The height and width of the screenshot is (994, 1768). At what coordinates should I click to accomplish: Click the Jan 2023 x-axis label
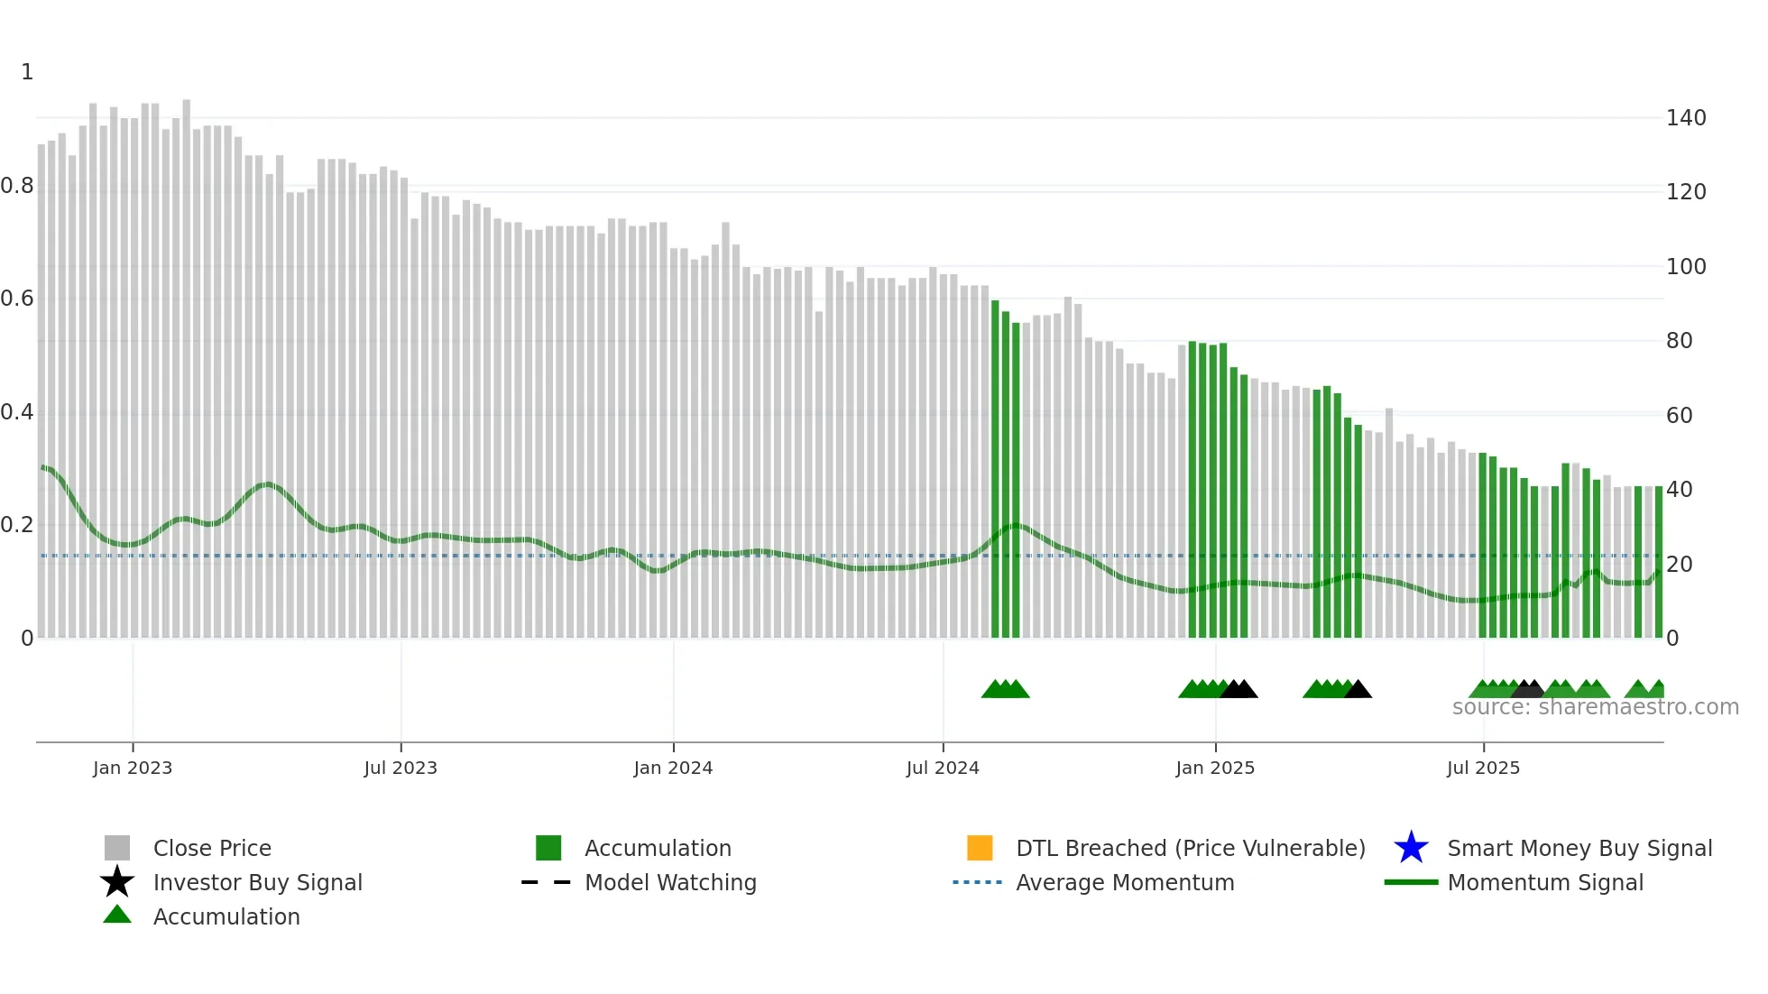click(x=132, y=768)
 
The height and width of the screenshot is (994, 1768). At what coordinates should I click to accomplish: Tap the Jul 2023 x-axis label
click(x=401, y=768)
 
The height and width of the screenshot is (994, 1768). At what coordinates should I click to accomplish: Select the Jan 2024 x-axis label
click(x=673, y=768)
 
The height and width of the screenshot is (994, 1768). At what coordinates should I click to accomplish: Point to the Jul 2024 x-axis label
click(x=943, y=768)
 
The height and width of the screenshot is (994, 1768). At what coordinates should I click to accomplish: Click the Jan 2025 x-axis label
click(x=1215, y=768)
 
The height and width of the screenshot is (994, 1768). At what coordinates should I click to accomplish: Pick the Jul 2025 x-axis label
click(x=1483, y=768)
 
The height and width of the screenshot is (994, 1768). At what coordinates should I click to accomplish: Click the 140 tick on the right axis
click(x=1686, y=118)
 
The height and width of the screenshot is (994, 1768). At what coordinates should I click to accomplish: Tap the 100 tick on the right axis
click(x=1686, y=267)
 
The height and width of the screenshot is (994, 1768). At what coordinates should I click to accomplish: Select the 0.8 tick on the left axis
click(x=17, y=186)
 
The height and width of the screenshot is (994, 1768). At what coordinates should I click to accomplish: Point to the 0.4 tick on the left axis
click(x=17, y=412)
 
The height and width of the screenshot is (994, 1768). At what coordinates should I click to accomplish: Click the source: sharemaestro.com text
click(x=1595, y=707)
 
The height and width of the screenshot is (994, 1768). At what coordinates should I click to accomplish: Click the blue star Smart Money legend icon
click(x=1411, y=848)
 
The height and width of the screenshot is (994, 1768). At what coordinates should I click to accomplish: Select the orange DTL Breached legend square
click(x=980, y=848)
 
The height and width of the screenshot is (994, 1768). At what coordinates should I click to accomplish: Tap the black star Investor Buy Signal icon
click(x=117, y=882)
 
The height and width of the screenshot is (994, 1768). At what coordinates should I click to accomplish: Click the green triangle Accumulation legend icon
click(x=117, y=915)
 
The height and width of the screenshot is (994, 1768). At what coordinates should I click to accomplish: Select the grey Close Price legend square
click(x=117, y=848)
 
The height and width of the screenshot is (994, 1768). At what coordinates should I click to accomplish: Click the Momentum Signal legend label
click(x=1544, y=882)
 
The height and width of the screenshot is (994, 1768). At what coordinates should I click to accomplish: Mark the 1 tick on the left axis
click(x=27, y=72)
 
